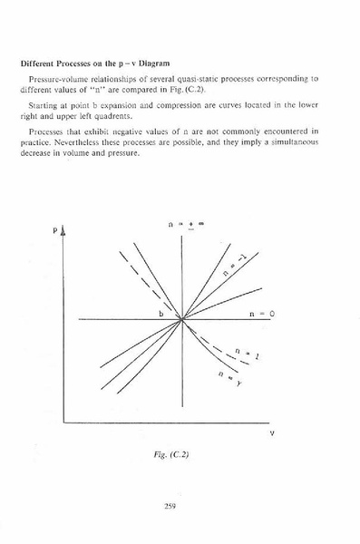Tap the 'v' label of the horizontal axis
[271, 434]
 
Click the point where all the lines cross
[182, 319]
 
